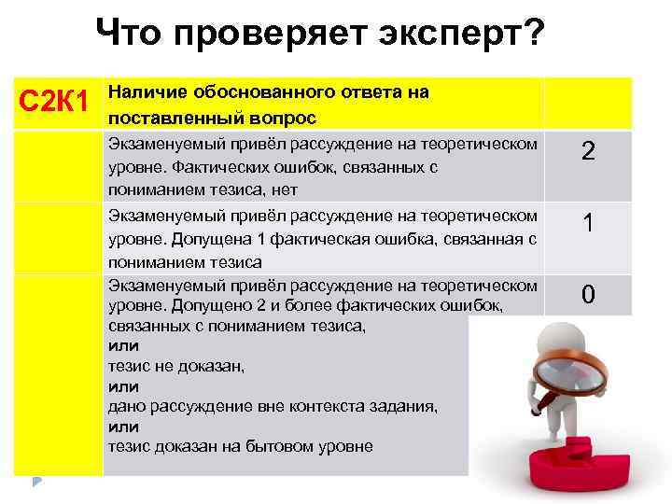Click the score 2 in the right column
(x=587, y=152)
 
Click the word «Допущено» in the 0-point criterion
(x=216, y=306)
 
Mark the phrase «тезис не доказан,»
(x=176, y=366)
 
